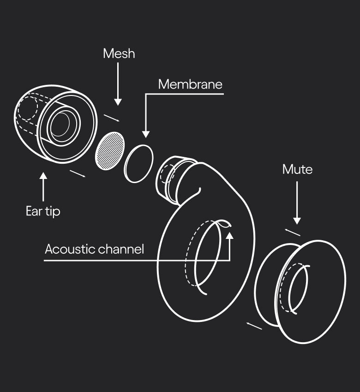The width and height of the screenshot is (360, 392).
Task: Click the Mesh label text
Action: [119, 53]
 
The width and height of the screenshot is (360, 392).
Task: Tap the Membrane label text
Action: [190, 84]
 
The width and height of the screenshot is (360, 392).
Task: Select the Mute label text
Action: [297, 169]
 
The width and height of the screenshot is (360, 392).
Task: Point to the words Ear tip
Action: [43, 211]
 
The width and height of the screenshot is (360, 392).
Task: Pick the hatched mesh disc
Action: [110, 150]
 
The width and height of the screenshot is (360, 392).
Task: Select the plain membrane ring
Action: [139, 164]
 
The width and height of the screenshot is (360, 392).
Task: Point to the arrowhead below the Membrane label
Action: [146, 134]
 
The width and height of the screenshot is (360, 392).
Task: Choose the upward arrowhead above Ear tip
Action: [43, 176]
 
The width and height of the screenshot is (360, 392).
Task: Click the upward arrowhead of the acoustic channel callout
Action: [230, 235]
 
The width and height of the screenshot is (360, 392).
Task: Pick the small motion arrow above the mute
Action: [292, 232]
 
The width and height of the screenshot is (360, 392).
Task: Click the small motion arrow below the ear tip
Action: [77, 173]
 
